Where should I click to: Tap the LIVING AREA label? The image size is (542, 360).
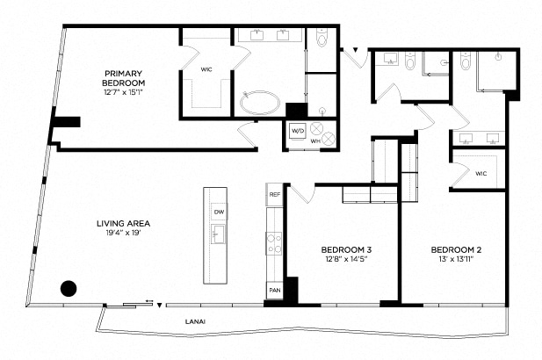click(123, 223)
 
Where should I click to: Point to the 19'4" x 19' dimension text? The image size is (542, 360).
click(123, 234)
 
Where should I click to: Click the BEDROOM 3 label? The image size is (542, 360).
click(341, 249)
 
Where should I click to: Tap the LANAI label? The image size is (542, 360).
click(196, 321)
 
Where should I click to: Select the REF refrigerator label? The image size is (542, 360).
click(274, 194)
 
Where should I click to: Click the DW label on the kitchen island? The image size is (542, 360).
click(217, 212)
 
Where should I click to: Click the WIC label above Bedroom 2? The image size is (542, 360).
click(481, 173)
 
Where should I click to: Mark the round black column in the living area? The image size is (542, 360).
click(69, 287)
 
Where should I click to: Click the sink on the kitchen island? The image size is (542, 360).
click(217, 234)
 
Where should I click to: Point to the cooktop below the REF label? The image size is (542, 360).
click(274, 240)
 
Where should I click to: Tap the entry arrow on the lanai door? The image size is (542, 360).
click(159, 306)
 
